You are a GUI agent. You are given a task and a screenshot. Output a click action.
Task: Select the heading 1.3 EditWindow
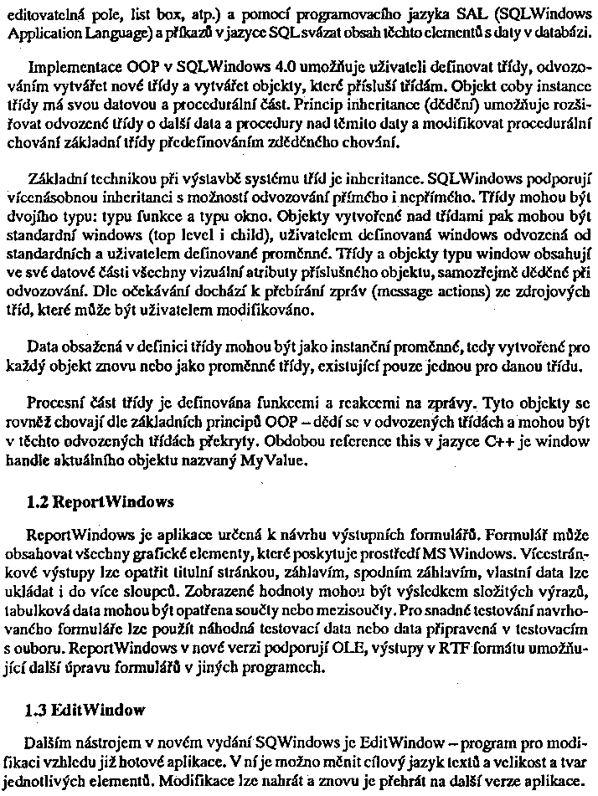pyautogui.click(x=86, y=710)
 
